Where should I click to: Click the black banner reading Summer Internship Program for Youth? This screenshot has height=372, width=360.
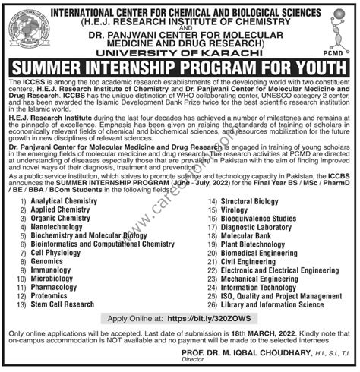(x=179, y=68)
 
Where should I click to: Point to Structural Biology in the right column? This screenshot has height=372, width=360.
(x=243, y=200)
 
